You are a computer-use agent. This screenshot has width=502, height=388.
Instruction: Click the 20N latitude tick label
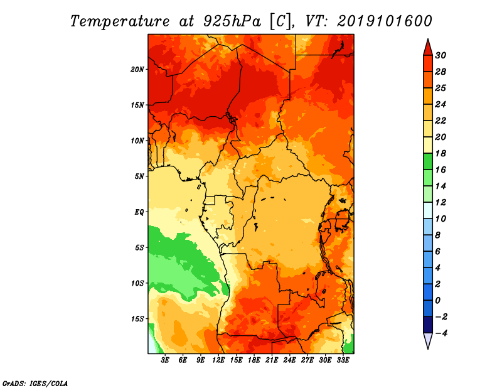pos(137,70)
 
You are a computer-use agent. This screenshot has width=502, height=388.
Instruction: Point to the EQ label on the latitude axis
pos(139,212)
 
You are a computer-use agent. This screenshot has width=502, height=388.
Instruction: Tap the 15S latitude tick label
pos(137,319)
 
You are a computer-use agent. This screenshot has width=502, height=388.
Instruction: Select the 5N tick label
pos(139,176)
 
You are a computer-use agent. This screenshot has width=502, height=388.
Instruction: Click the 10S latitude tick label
pos(137,283)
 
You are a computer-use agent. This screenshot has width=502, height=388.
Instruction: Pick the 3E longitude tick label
pos(165,360)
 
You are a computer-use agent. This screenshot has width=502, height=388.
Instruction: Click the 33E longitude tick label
pos(343,360)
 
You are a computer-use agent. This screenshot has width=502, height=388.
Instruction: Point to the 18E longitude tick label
pos(254,360)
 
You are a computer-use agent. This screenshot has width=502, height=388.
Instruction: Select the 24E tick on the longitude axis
pos(289,360)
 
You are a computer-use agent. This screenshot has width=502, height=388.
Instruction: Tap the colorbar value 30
pos(441,55)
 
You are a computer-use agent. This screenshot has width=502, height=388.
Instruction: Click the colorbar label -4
pos(441,333)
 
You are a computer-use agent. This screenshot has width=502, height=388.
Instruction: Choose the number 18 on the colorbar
pos(441,153)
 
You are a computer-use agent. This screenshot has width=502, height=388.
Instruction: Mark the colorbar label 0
pos(437,301)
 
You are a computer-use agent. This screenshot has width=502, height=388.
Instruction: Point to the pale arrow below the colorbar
pos(428,340)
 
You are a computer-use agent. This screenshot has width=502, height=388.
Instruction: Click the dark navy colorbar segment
pos(428,325)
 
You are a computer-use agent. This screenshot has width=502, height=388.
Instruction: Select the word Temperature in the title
pos(120,21)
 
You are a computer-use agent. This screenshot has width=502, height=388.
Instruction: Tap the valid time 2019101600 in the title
pos(385,21)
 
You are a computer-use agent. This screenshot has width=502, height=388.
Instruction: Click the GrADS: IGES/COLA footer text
pos(35,384)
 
